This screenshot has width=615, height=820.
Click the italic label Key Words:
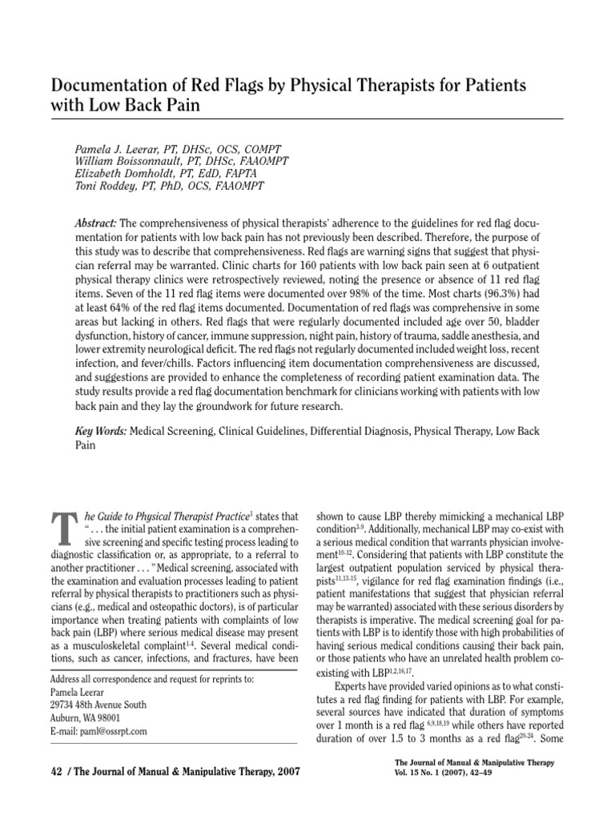(x=101, y=430)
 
